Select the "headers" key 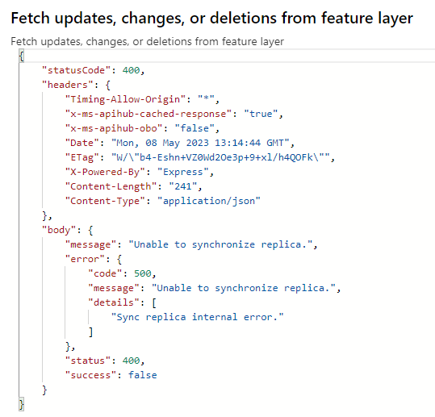(x=68, y=85)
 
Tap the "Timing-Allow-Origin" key (x=125, y=99)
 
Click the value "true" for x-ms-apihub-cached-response (x=261, y=114)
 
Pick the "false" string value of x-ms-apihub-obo (x=194, y=128)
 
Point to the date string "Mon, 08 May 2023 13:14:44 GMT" (x=200, y=143)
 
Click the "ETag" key (x=82, y=158)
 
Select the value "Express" (x=183, y=172)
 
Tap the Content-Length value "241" (x=183, y=186)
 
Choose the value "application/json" (x=209, y=201)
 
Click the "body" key (x=59, y=230)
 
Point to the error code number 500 (x=143, y=273)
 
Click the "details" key (x=114, y=302)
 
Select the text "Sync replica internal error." (x=197, y=317)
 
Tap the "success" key (x=90, y=375)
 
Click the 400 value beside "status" (x=131, y=361)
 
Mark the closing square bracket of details (x=90, y=332)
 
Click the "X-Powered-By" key (x=105, y=172)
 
